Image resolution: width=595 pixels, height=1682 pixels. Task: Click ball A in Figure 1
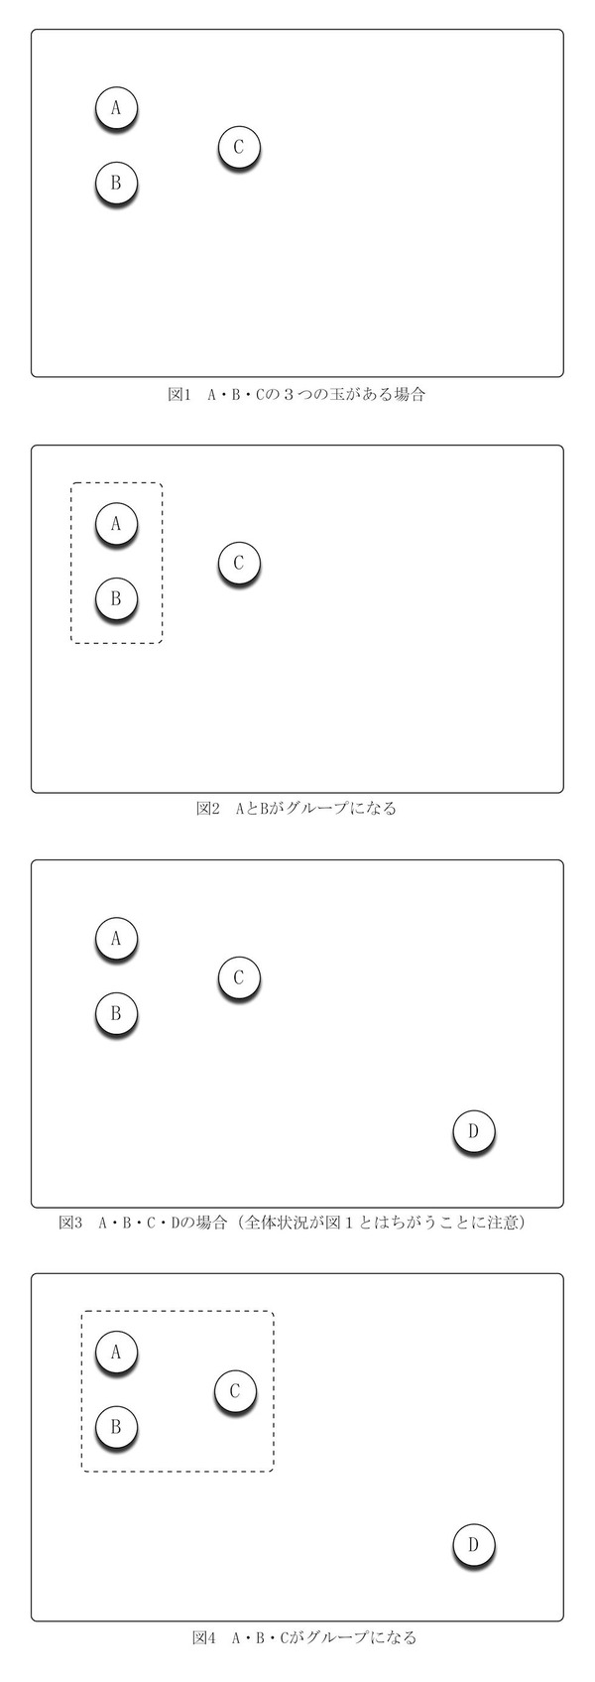point(116,108)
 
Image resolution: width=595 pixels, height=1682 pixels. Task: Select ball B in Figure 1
point(116,183)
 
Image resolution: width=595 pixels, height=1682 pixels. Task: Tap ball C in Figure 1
point(239,147)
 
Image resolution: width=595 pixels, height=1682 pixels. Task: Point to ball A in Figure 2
point(116,524)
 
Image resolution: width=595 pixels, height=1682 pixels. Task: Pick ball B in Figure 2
point(116,599)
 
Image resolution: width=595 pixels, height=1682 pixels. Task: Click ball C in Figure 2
point(239,564)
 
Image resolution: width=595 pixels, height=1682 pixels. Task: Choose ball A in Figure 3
point(116,939)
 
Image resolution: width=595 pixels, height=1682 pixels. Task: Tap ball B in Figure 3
point(116,1014)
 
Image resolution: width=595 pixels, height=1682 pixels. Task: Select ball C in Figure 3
point(239,977)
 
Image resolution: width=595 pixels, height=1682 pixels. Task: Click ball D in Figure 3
point(473,1131)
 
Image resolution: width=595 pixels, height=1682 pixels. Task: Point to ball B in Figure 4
point(116,1427)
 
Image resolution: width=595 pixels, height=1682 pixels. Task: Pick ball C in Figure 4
point(235,1391)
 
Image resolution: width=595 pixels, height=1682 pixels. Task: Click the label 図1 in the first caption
point(180,394)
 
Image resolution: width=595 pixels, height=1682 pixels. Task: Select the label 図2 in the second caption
point(208,809)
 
